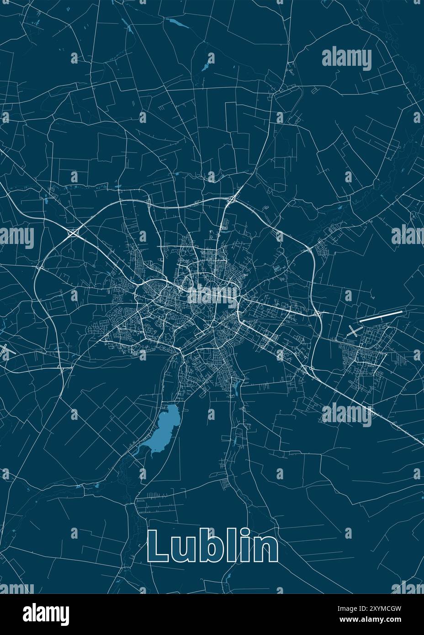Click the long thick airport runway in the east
381,316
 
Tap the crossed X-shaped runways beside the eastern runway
353,331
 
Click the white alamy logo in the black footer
46,614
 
